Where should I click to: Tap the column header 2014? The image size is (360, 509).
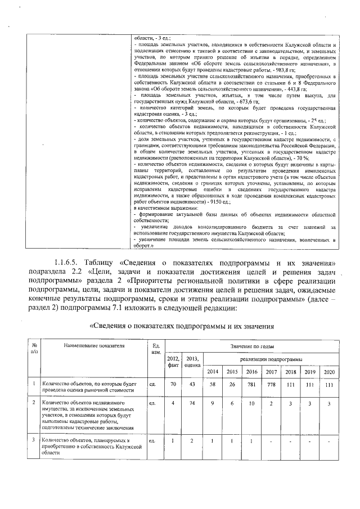pyautogui.click(x=213, y=372)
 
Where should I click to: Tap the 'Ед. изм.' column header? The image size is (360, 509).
pyautogui.click(x=156, y=349)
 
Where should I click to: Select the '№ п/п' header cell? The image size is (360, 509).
pyautogui.click(x=34, y=349)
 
